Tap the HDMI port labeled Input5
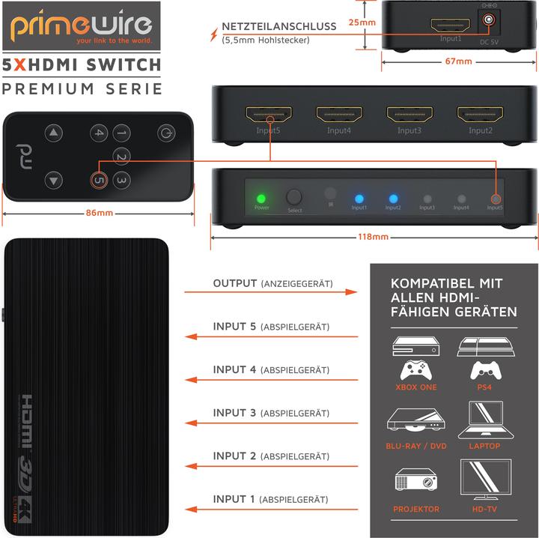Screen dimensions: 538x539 tap(268, 115)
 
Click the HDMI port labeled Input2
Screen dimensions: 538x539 tap(480, 115)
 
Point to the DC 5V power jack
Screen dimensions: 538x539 tap(490, 23)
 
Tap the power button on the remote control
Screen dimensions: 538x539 tap(165, 133)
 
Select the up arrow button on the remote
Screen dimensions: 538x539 tap(52, 133)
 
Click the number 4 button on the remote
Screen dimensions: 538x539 tap(99, 133)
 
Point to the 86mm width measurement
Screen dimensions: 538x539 tap(99, 214)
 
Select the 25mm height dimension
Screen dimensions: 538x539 tap(362, 22)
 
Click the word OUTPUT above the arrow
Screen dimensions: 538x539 tap(235, 284)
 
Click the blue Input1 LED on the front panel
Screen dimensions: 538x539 tap(359, 199)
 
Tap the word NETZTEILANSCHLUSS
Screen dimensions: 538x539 tap(278, 26)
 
